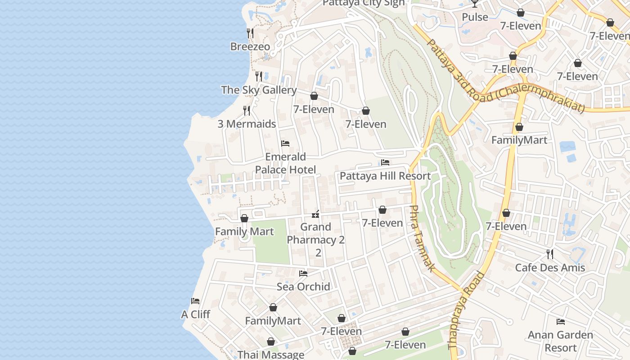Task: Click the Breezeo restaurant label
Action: point(250,46)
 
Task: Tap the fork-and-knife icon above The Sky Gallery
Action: point(259,76)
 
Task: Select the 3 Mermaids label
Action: point(247,124)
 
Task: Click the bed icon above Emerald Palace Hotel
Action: point(285,144)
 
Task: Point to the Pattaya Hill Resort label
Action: point(385,176)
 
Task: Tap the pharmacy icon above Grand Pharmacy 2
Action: point(316,214)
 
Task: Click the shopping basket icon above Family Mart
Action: point(244,218)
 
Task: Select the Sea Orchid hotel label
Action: point(303,287)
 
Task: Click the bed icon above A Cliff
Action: point(195,301)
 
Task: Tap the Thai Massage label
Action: point(271,355)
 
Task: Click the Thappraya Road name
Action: point(467,310)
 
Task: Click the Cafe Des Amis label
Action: point(550,268)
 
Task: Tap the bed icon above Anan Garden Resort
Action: point(561,322)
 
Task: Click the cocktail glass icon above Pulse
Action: point(475,4)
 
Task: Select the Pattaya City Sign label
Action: point(364,3)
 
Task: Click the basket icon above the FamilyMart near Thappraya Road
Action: point(519,127)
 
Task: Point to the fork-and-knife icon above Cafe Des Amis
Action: point(550,254)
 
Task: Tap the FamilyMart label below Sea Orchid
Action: point(273,321)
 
